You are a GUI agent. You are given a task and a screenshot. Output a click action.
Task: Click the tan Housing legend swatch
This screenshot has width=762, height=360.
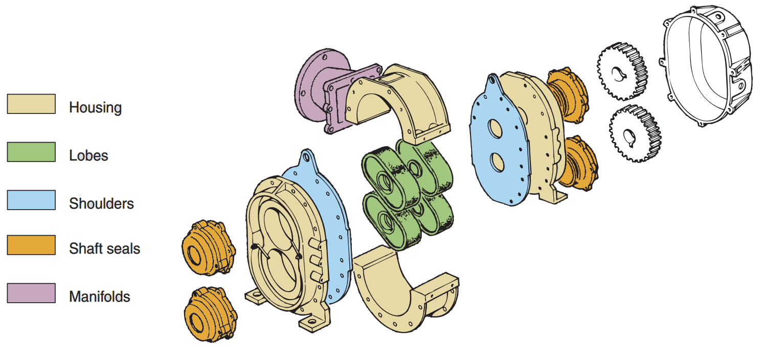[31, 104]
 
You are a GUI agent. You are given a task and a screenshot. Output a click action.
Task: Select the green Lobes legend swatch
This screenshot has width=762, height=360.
[31, 152]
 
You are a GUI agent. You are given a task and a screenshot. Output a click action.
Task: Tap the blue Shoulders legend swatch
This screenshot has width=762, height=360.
[31, 200]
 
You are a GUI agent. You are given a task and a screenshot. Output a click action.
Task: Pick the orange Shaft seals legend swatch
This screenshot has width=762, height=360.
[31, 245]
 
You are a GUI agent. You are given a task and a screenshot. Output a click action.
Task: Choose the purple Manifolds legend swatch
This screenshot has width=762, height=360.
[31, 293]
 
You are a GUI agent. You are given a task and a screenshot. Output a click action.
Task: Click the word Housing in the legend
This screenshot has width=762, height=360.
[95, 108]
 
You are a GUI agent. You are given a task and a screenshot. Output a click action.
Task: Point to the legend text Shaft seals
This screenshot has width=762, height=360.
[104, 249]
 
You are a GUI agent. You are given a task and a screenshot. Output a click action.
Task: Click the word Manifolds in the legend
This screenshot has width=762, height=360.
[99, 297]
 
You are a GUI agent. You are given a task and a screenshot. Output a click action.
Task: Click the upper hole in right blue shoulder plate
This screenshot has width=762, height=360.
[496, 129]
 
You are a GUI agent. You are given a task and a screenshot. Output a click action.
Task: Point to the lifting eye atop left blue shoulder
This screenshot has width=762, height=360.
[306, 155]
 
